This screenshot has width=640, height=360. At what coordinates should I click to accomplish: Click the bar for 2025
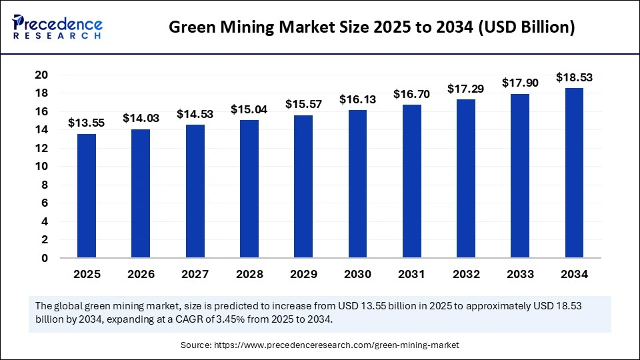coord(87,196)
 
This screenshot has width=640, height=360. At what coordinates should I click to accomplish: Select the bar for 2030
coord(358,184)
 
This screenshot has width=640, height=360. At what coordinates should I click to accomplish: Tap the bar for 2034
coord(575,173)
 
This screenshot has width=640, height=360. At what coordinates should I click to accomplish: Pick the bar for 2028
coord(249,189)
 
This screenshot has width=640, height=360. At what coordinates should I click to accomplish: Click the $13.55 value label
coord(86,123)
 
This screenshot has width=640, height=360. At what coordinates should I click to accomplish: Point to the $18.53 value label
coord(575,77)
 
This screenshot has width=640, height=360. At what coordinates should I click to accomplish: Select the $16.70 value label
coord(412,94)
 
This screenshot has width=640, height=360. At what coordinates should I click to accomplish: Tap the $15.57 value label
coord(303,104)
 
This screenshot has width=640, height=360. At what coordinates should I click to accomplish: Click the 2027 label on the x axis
coord(195,274)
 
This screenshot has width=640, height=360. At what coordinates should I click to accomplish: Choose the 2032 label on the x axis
coord(466,274)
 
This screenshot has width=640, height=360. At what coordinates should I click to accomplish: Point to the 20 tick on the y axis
coord(41,75)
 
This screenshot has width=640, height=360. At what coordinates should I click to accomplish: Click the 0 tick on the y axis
coord(44,258)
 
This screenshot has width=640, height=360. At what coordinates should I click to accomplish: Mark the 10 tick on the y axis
coord(41,167)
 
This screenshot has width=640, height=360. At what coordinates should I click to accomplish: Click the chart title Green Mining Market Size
coord(371,27)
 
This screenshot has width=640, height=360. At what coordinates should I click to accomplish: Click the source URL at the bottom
coord(319,345)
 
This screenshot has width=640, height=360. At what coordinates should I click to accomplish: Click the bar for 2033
coord(521,176)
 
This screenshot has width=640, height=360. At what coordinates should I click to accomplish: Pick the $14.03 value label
coord(141,118)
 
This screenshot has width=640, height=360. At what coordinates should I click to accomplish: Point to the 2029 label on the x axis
coord(303,274)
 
